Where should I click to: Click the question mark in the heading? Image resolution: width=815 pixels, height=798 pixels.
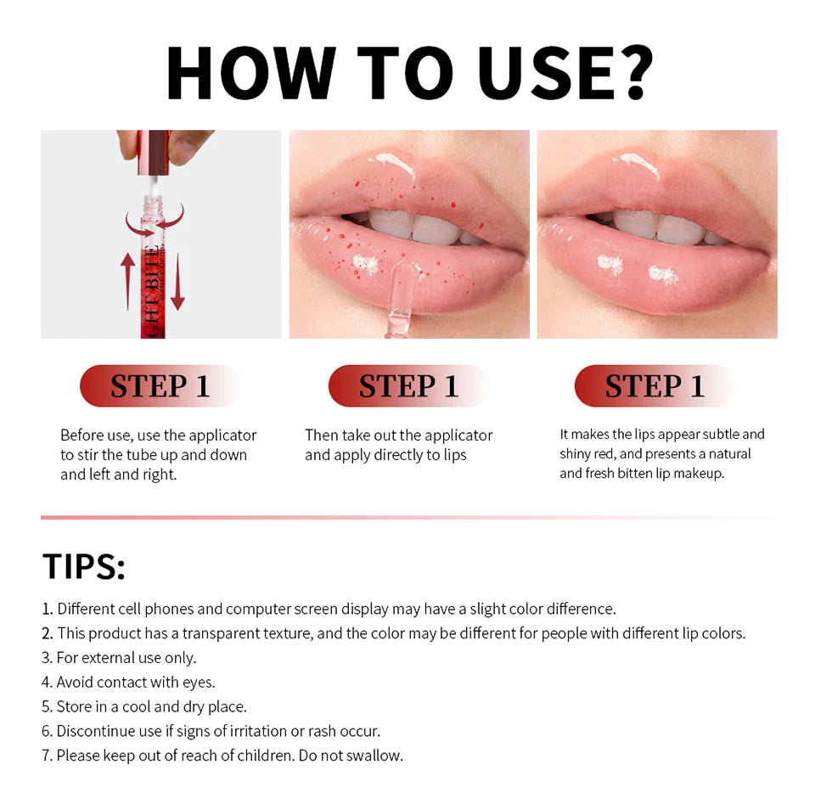(x=627, y=74)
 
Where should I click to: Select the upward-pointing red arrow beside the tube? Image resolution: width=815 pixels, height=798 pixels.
(x=127, y=281)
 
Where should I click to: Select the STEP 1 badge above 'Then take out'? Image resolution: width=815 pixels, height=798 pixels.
(x=407, y=386)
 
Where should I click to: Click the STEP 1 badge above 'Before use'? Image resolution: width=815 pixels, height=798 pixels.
(x=159, y=386)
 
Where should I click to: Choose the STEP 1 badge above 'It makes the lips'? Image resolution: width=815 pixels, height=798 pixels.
(x=655, y=386)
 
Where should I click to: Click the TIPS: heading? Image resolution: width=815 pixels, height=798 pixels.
(x=84, y=567)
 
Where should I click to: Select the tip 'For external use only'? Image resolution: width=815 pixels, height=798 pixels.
(x=126, y=657)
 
